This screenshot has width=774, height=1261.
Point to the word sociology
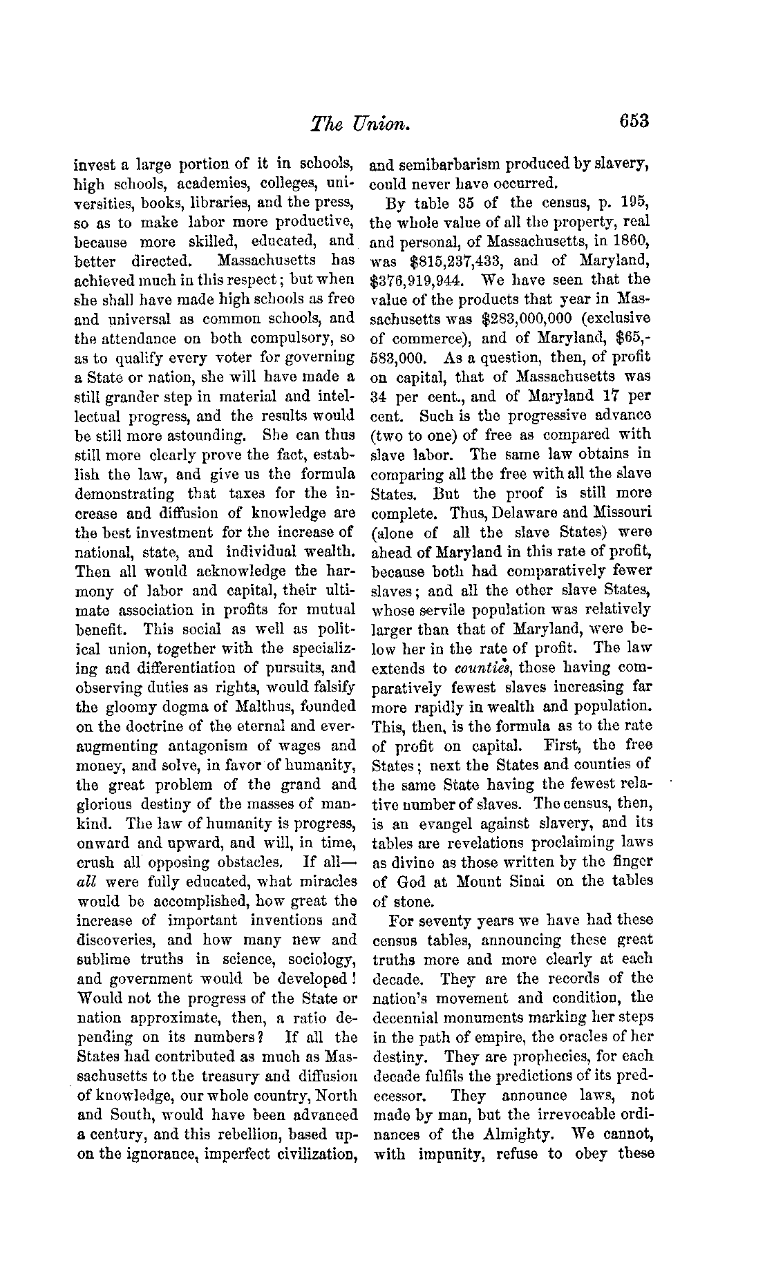point(321,959)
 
